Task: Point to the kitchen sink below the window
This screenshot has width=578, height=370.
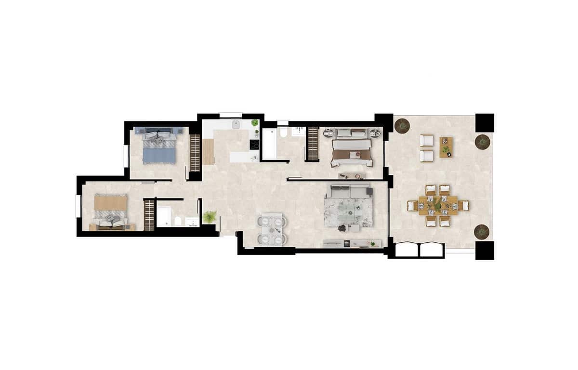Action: (236, 125)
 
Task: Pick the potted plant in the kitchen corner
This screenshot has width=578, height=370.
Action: (255, 123)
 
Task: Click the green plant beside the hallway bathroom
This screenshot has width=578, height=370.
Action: (210, 217)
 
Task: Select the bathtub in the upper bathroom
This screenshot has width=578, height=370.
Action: (269, 144)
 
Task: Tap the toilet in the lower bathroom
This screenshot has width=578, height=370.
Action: (179, 221)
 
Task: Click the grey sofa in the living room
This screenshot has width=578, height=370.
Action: (348, 192)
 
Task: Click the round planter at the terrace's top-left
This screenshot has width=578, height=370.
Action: (402, 126)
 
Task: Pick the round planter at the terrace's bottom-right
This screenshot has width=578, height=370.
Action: (482, 232)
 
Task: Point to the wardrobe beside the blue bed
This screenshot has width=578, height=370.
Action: (195, 152)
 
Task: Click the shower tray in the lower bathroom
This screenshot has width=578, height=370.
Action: (163, 217)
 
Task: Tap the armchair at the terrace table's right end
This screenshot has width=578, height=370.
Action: (463, 206)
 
